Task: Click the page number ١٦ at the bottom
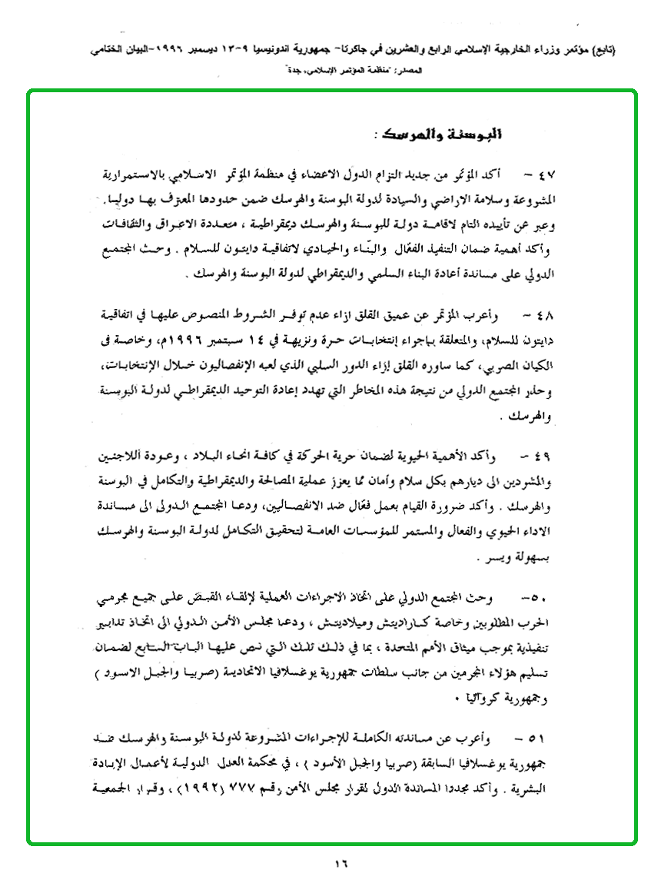click(x=341, y=864)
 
